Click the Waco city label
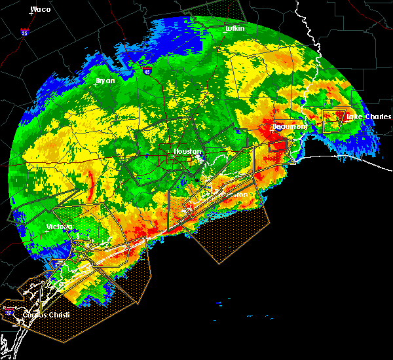coord(41,9)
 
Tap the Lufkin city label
coord(234,29)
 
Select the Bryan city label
coord(105,81)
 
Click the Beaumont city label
coord(290,126)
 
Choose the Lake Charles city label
coord(368,117)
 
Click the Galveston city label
coord(231,194)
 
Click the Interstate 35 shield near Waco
coord(24,31)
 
